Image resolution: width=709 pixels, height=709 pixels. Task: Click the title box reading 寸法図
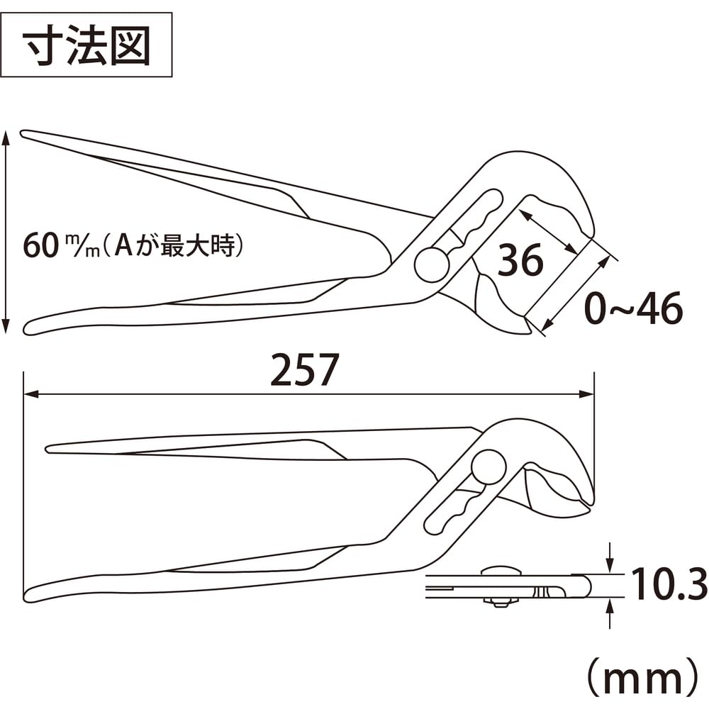86,45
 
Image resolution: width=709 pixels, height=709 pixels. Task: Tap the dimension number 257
304,370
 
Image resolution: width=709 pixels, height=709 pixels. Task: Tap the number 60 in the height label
41,247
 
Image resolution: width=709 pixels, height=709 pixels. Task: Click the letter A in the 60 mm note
123,245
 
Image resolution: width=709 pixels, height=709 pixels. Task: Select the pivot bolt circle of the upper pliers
432,265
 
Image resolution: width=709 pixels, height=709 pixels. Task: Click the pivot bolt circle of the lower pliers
489,467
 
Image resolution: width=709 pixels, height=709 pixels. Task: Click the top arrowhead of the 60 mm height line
6,138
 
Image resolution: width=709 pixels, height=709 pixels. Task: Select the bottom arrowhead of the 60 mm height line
6,325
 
